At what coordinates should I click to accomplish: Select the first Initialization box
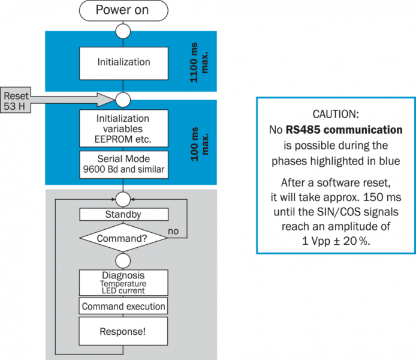123,62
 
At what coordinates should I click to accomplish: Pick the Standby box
123,214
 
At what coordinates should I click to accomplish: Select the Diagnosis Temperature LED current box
123,282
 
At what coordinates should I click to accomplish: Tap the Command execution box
123,307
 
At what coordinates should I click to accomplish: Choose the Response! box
123,331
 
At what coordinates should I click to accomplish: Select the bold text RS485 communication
343,130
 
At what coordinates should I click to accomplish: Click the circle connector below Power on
123,31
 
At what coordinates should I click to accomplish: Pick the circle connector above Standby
123,197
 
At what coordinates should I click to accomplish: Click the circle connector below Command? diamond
123,260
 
